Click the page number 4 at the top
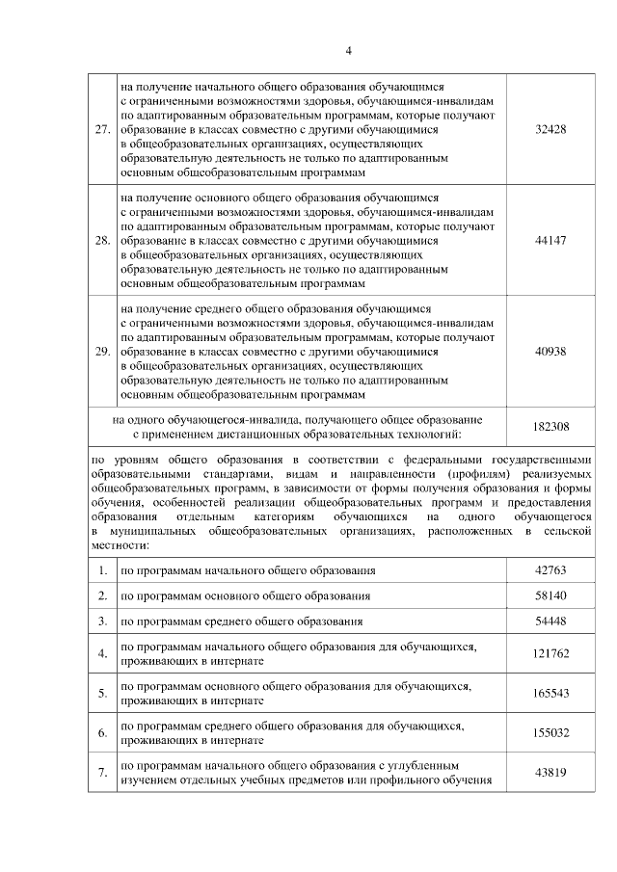click(x=349, y=50)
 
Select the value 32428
click(x=550, y=128)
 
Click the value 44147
click(x=550, y=240)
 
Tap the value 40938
click(x=550, y=352)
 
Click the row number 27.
click(x=101, y=128)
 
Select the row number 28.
click(x=101, y=240)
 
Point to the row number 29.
click(x=101, y=352)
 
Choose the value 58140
click(x=550, y=596)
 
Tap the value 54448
click(x=550, y=621)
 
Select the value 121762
click(x=550, y=654)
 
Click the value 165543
click(x=550, y=693)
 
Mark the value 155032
click(x=550, y=732)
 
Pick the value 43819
click(x=550, y=772)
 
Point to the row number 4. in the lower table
click(x=102, y=654)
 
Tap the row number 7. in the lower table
click(x=102, y=772)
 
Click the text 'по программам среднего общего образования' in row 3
click(x=241, y=621)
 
